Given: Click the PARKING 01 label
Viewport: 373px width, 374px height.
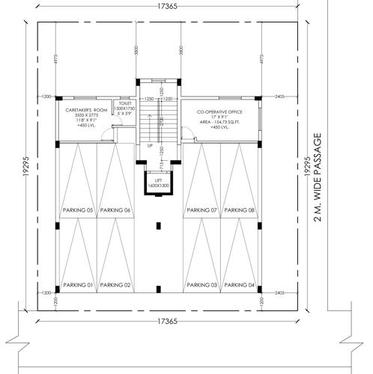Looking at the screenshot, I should coord(78,285).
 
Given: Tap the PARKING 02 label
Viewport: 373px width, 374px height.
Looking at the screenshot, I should coord(115,285).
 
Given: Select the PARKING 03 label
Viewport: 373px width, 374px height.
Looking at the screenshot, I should coord(202,285).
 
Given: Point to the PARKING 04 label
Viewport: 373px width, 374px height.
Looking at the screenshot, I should coord(240,285).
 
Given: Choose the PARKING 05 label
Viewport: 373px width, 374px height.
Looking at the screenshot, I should coord(78,210).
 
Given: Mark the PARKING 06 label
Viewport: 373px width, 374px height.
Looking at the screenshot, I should coord(115,210).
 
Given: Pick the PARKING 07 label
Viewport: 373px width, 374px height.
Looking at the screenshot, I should coord(202,210).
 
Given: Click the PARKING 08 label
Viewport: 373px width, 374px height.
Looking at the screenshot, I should coord(240,210).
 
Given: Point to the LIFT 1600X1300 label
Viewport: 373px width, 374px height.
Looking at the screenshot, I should coord(157,182).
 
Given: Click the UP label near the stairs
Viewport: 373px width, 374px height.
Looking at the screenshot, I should coord(150,145).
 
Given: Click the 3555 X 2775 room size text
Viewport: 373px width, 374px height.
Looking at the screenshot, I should coord(82,115).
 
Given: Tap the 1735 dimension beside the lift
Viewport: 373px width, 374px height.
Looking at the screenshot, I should coord(151,165).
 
